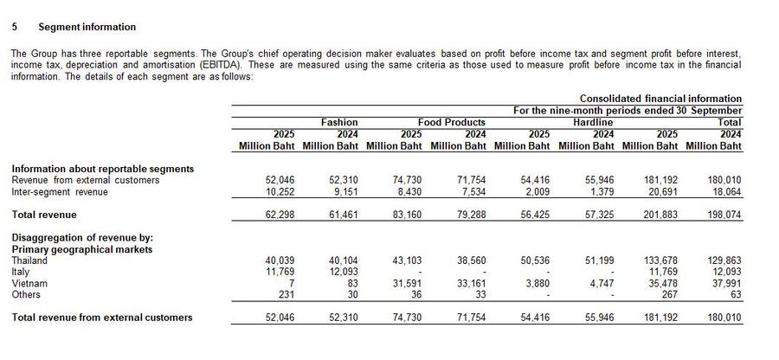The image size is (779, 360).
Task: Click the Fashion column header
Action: click(x=338, y=123)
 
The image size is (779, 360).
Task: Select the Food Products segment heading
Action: click(x=451, y=123)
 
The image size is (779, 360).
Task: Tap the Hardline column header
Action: click(x=593, y=123)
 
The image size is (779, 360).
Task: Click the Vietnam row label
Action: click(x=29, y=283)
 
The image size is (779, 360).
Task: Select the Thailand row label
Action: click(x=30, y=260)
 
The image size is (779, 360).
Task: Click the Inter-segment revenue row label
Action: click(x=59, y=191)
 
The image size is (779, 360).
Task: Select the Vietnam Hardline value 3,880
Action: click(x=538, y=283)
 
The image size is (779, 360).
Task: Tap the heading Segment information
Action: click(x=87, y=28)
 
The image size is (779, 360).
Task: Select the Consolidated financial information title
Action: click(x=660, y=99)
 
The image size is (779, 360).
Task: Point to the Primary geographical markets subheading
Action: click(x=81, y=249)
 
